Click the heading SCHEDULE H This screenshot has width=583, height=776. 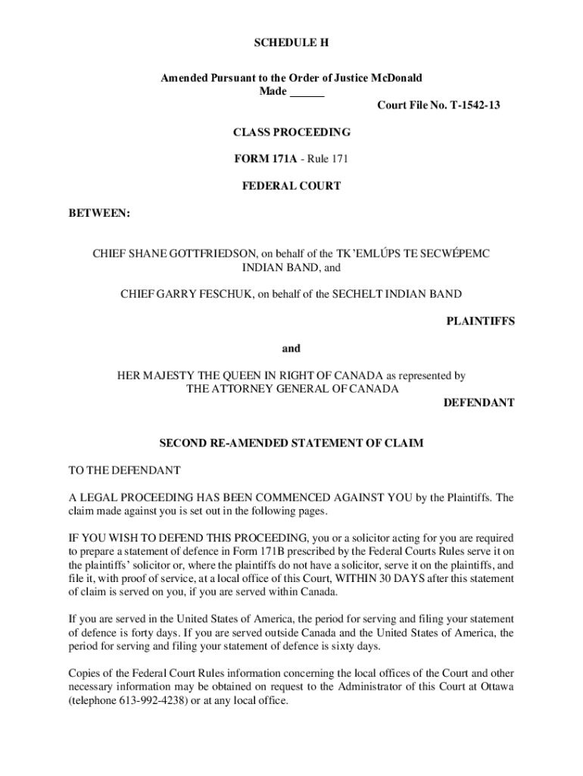(291, 43)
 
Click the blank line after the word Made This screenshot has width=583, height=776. (307, 92)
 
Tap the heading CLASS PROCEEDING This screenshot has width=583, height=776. (291, 133)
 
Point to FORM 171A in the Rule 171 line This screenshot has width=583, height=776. (265, 159)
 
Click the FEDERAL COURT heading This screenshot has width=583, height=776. (291, 186)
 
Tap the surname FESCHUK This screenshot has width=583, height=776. (225, 294)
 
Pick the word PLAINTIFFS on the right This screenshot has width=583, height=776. (480, 321)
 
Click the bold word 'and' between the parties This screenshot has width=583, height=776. (291, 349)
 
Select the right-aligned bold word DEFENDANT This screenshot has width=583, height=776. (479, 403)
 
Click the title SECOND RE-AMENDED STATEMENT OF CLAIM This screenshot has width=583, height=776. (291, 443)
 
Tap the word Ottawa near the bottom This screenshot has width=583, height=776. (495, 687)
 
